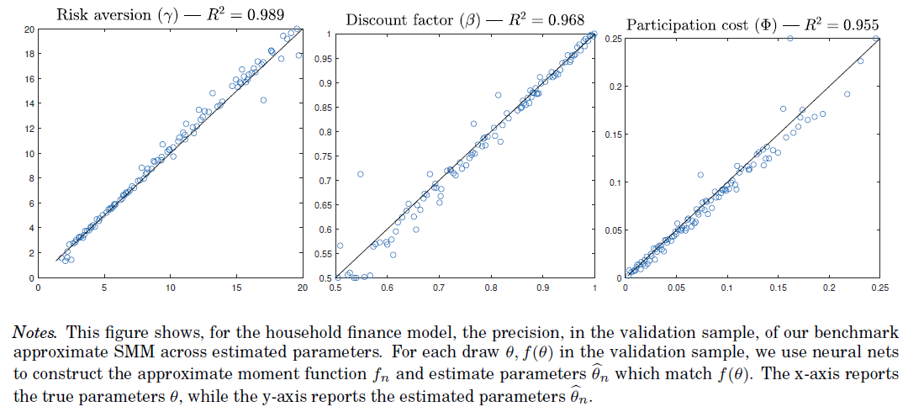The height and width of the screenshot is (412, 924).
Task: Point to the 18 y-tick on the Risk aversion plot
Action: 28,54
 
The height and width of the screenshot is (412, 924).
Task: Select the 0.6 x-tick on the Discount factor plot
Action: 388,288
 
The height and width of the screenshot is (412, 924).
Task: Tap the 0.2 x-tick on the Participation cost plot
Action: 829,288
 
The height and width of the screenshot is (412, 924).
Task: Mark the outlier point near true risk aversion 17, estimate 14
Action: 263,100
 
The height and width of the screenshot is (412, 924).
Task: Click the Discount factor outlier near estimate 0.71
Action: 361,174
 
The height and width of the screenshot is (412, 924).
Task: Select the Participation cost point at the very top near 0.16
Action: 789,39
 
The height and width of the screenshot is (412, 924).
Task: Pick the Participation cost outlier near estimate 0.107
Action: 700,175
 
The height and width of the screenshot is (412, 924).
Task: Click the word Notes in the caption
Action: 34,333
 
